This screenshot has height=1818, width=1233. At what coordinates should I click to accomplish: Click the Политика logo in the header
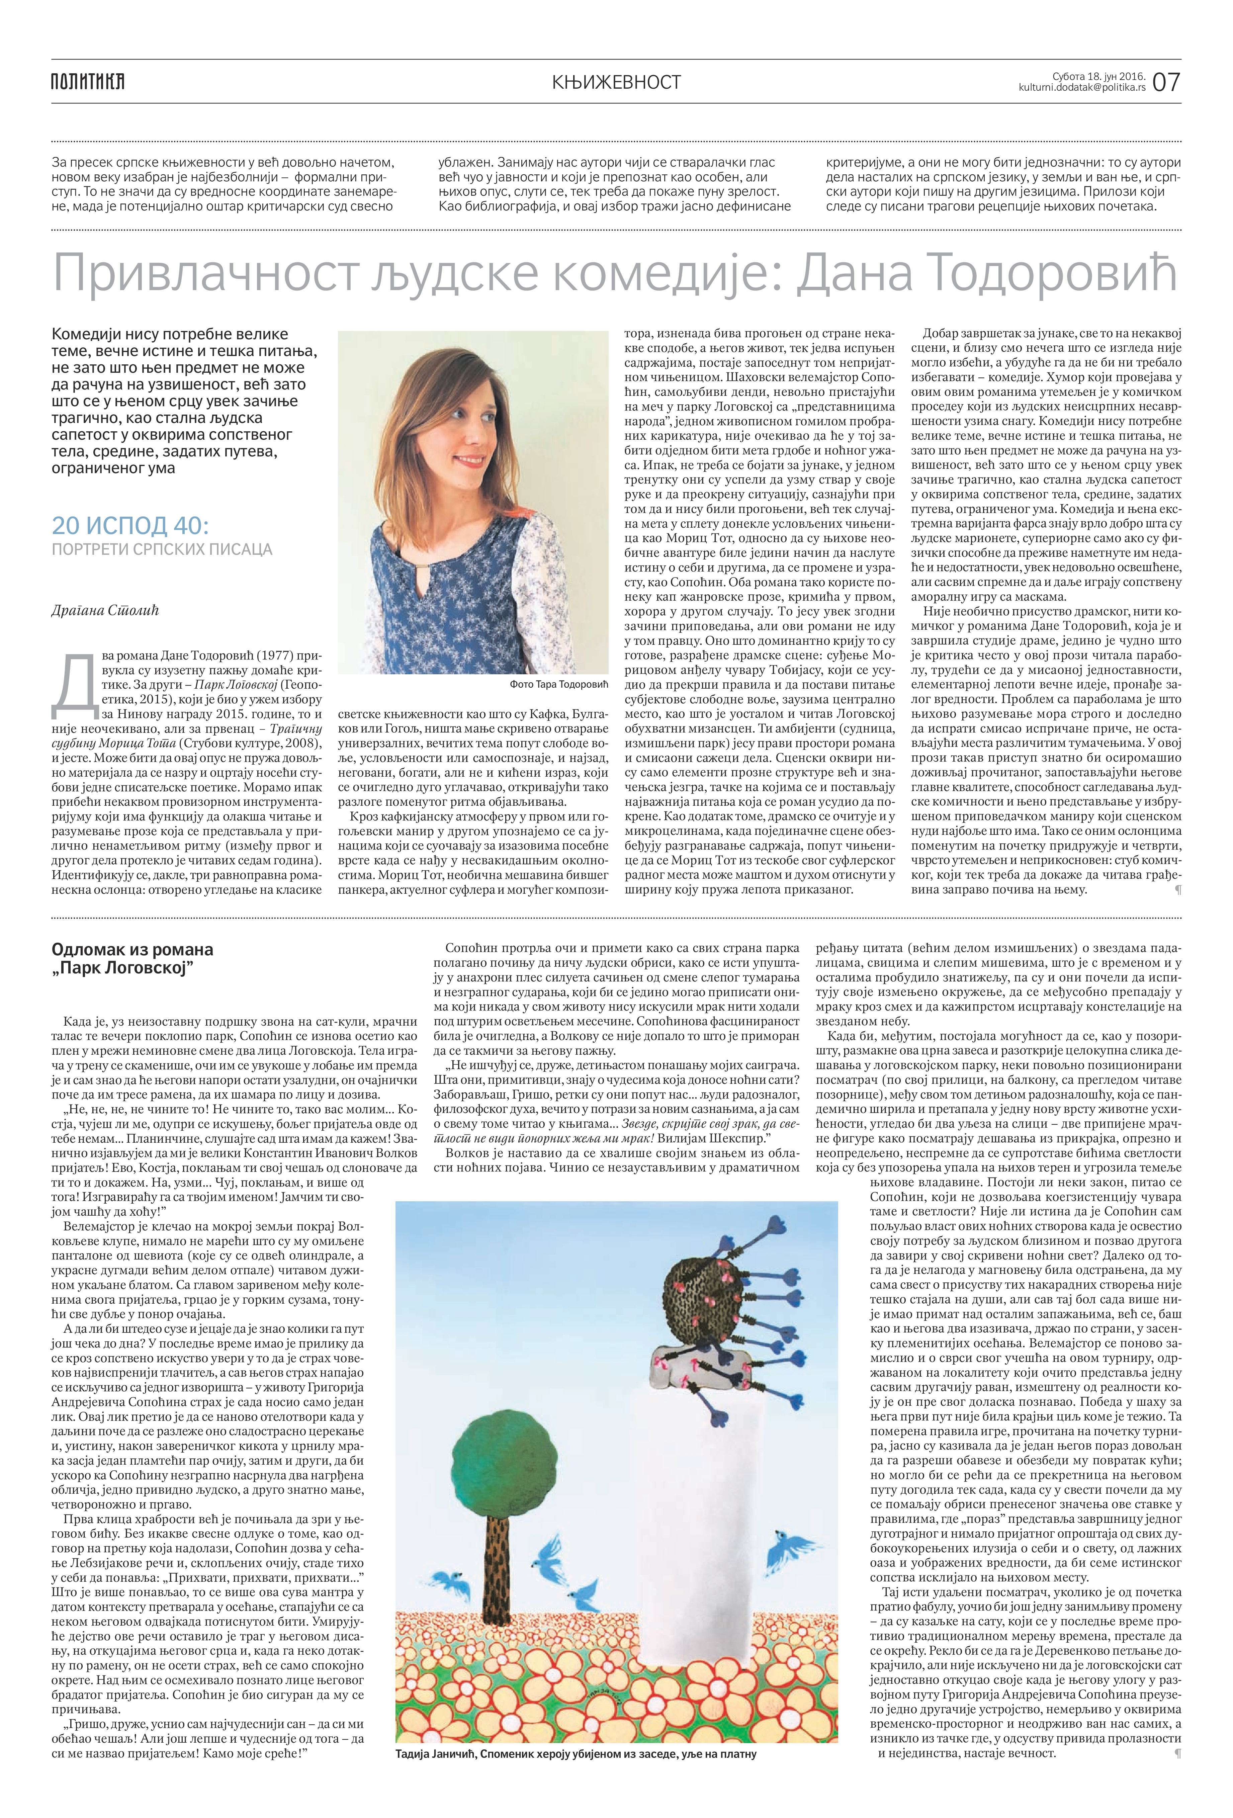(88, 81)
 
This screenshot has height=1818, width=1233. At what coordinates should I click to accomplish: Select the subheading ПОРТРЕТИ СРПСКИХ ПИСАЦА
(162, 549)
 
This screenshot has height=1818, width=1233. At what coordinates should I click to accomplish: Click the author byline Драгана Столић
(105, 610)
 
